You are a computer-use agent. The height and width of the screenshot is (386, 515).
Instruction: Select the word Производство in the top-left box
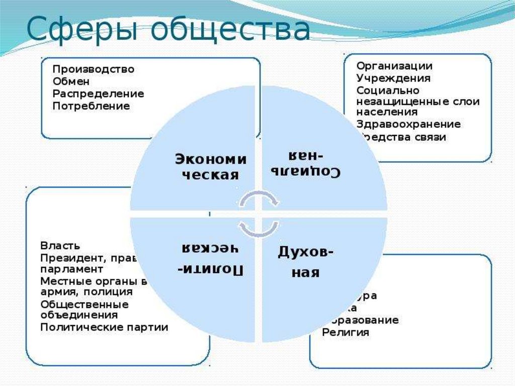[x=93, y=69]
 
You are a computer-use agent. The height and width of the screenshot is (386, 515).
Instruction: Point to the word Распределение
[x=98, y=94]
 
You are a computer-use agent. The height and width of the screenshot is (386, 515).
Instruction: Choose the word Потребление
[x=91, y=106]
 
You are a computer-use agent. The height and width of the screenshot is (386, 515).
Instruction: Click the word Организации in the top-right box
[x=394, y=66]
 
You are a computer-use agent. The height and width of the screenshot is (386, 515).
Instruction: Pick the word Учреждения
[x=393, y=78]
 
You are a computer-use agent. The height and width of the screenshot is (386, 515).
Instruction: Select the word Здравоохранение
[x=408, y=124]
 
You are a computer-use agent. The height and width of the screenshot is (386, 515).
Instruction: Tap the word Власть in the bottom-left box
[x=60, y=246]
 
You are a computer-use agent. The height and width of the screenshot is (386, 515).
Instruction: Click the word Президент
[x=71, y=258]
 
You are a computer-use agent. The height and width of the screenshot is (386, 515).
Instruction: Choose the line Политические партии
[x=104, y=328]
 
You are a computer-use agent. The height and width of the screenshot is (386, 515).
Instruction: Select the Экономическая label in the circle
[x=211, y=167]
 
